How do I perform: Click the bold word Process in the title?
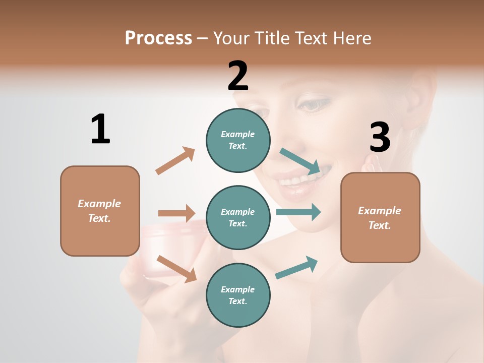coord(158,38)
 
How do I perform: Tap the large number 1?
coord(100,129)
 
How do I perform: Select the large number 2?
coord(238,76)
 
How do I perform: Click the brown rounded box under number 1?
coord(100,211)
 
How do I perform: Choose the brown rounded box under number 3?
coord(380,217)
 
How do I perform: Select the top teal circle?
coord(238,140)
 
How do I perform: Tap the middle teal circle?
coord(238,217)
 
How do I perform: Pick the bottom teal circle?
coord(238,295)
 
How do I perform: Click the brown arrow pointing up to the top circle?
coord(175,161)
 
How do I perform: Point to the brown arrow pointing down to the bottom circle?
coord(176,269)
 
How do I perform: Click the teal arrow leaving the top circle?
coord(300,161)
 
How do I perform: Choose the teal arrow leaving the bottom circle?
coord(297,267)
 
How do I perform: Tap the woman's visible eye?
coord(313,105)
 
